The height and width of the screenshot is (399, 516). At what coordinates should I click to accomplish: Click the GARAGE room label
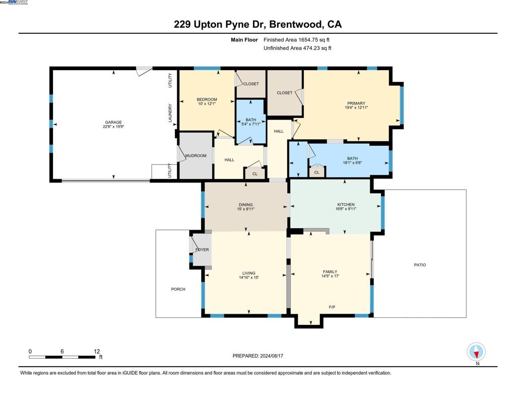113,122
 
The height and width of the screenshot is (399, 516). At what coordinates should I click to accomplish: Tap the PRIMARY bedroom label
356,103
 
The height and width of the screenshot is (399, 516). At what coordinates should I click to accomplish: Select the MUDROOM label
196,156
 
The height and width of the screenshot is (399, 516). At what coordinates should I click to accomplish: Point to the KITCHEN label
346,204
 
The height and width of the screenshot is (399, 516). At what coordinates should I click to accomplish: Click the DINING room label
245,205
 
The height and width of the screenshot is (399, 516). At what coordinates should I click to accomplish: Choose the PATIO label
420,265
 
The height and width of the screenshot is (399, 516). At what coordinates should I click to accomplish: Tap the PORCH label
178,289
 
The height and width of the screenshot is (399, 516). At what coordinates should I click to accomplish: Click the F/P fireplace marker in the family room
332,307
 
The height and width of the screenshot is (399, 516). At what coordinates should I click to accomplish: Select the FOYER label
202,250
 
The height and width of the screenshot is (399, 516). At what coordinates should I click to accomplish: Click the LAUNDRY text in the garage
170,113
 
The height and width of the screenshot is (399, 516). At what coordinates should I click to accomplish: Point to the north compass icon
476,352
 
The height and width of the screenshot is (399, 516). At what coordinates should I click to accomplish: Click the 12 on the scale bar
96,351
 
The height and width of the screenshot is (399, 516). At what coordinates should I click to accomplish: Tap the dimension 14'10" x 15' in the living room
248,277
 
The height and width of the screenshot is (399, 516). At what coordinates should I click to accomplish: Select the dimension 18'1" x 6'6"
352,163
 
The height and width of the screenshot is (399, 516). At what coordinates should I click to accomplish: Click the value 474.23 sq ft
314,48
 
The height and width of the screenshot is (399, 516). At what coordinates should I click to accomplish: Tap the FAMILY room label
330,272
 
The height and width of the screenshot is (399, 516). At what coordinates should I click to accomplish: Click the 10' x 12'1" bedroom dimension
207,104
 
